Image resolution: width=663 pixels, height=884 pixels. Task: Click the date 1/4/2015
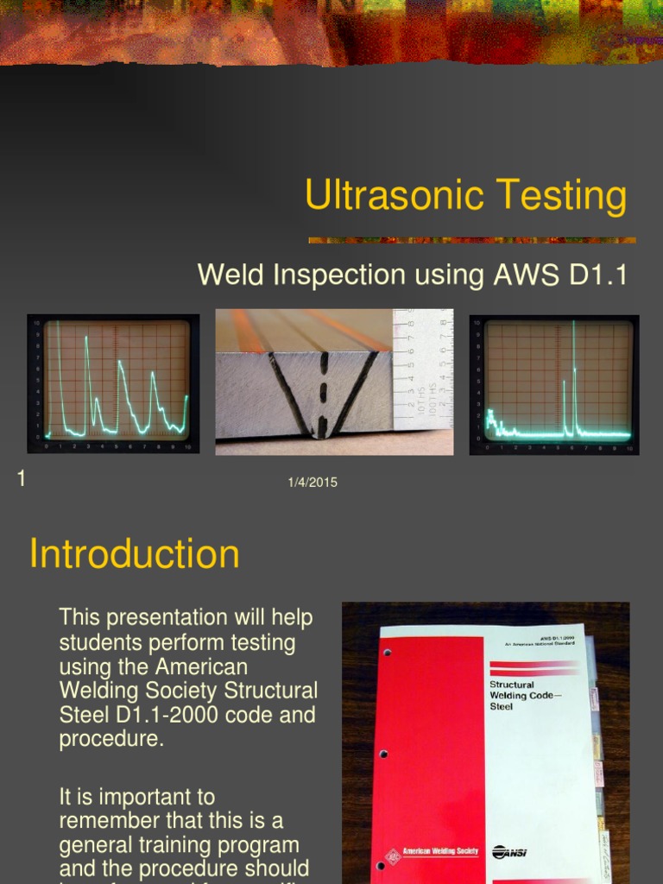pos(313,483)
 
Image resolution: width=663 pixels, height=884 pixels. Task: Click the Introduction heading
pos(134,553)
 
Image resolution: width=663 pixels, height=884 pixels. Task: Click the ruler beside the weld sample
pos(422,371)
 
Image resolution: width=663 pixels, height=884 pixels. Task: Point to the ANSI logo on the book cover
pos(509,852)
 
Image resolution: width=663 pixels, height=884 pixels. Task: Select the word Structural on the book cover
pos(512,685)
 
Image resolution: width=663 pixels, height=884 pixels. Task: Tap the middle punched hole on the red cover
pos(383,754)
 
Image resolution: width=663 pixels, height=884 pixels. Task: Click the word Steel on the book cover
pos(502,706)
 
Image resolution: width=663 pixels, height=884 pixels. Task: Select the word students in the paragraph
pos(95,643)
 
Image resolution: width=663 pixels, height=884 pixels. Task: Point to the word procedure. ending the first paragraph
pos(110,740)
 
